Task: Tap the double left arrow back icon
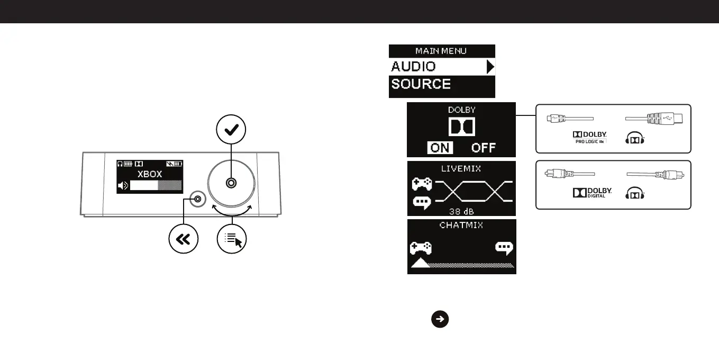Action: (183, 240)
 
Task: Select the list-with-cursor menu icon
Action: (232, 240)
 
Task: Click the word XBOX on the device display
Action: (150, 174)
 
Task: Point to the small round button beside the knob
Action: (197, 199)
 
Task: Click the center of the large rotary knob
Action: (231, 183)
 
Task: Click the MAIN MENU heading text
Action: (442, 51)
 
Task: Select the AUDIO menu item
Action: (414, 67)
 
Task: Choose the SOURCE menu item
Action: (421, 84)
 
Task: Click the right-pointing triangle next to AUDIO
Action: (490, 67)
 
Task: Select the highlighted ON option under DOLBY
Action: (440, 148)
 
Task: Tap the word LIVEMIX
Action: (461, 168)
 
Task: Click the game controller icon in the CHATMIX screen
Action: (421, 248)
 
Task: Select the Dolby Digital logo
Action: (591, 194)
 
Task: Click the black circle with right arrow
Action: (440, 319)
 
